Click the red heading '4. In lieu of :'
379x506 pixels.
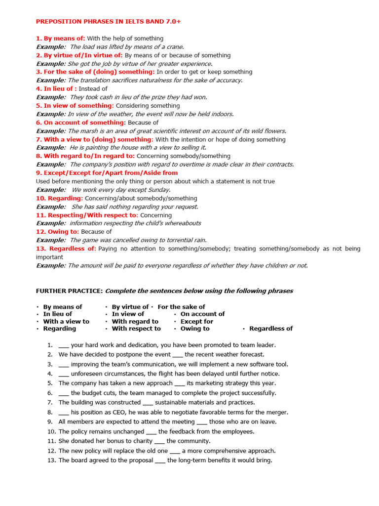click(56, 89)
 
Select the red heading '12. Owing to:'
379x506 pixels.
click(57, 232)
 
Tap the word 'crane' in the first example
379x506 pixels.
click(174, 47)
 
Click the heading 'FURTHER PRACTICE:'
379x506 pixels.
click(69, 291)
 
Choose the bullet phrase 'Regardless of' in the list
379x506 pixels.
click(270, 329)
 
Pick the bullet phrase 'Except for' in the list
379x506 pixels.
click(196, 321)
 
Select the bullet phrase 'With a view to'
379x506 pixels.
click(66, 321)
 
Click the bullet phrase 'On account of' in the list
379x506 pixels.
click(202, 314)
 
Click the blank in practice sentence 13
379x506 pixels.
click(160, 461)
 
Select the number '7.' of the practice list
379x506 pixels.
click(50, 403)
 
